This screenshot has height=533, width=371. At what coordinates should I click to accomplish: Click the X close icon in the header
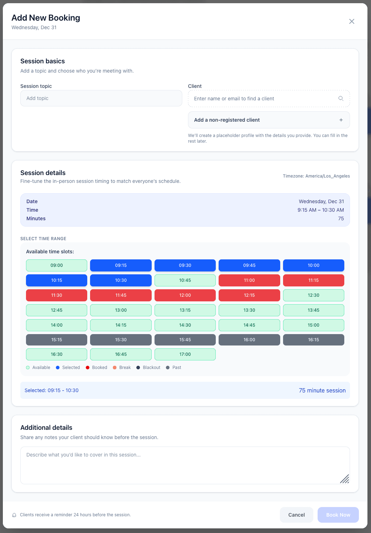[x=352, y=21]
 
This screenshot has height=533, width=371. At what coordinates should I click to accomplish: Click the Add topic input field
[x=101, y=98]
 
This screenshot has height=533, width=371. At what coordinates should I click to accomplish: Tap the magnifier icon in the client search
[x=341, y=99]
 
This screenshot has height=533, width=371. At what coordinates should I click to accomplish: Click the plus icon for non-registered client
[x=341, y=120]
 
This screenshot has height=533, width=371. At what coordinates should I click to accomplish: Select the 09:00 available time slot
[x=57, y=265]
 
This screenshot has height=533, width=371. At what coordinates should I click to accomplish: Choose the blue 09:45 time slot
[x=249, y=265]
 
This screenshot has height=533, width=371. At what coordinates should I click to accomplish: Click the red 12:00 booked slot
[x=185, y=295]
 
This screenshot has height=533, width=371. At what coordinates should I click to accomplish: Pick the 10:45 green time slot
[x=185, y=280]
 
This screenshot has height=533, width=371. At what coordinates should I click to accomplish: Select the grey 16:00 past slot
[x=249, y=340]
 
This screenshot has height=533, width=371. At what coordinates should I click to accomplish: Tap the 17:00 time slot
[x=185, y=354]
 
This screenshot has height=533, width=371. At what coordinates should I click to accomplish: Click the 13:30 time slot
[x=249, y=310]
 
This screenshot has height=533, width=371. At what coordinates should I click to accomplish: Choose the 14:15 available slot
[x=121, y=325]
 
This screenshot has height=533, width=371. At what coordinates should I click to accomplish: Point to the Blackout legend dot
[x=138, y=368]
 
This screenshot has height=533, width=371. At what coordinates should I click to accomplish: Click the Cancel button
[x=296, y=515]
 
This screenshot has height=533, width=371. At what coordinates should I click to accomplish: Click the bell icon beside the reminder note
[x=14, y=515]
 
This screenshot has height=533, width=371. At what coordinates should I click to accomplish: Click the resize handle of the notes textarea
[x=345, y=479]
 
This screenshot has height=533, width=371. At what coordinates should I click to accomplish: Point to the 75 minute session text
[x=322, y=390]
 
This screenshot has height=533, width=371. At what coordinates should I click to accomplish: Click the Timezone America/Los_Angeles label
[x=316, y=176]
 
